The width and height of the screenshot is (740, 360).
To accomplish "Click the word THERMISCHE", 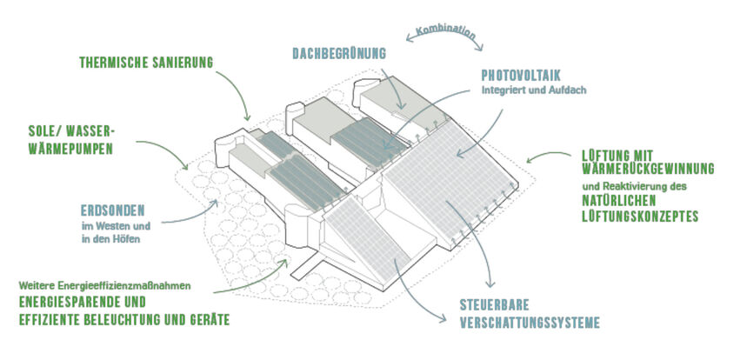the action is (111, 63).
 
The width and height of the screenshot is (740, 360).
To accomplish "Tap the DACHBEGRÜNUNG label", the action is (339, 53).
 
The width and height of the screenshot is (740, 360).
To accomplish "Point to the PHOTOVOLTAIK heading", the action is (521, 76).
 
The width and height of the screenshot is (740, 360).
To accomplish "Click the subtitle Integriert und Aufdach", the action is (534, 90).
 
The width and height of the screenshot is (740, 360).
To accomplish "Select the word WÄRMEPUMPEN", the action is (70, 150).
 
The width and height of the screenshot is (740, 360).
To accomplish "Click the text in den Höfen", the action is (111, 239).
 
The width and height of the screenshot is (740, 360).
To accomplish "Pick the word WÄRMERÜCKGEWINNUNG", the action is (648, 169).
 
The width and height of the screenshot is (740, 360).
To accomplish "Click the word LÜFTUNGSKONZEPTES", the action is (640, 217).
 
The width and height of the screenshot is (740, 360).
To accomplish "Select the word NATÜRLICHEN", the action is (619, 201).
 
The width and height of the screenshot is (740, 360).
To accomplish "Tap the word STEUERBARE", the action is (495, 305).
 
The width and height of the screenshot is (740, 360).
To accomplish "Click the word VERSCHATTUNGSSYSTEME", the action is (530, 323).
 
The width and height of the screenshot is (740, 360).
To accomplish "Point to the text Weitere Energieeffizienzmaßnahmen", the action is (104, 286).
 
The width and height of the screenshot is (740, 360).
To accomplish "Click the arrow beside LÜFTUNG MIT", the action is (549, 156).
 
